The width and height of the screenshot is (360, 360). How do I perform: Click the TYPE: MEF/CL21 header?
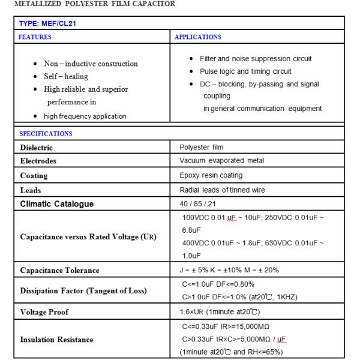[49, 25]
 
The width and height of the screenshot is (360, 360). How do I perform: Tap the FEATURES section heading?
[35, 37]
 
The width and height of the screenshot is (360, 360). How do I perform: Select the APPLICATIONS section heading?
[197, 37]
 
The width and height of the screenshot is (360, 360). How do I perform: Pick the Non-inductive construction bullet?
[91, 64]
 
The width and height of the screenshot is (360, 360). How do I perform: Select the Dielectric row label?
[37, 148]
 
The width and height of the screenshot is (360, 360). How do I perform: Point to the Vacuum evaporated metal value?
[221, 161]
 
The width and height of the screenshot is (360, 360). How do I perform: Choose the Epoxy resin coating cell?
[211, 175]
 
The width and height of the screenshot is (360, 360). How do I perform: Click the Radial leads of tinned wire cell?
[222, 190]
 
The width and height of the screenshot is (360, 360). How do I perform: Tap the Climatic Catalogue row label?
[57, 204]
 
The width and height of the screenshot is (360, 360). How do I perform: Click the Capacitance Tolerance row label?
[59, 271]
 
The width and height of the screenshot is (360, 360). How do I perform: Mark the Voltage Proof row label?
[44, 313]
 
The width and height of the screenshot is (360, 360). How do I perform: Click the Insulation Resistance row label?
[57, 340]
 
